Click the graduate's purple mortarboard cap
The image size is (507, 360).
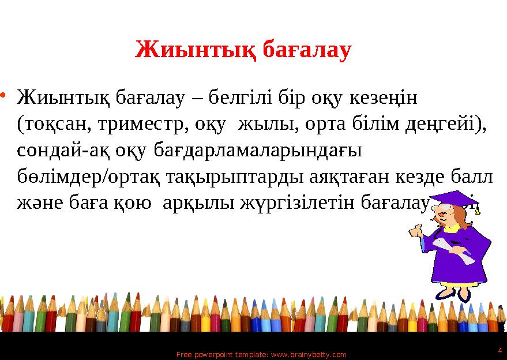click(456, 200)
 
